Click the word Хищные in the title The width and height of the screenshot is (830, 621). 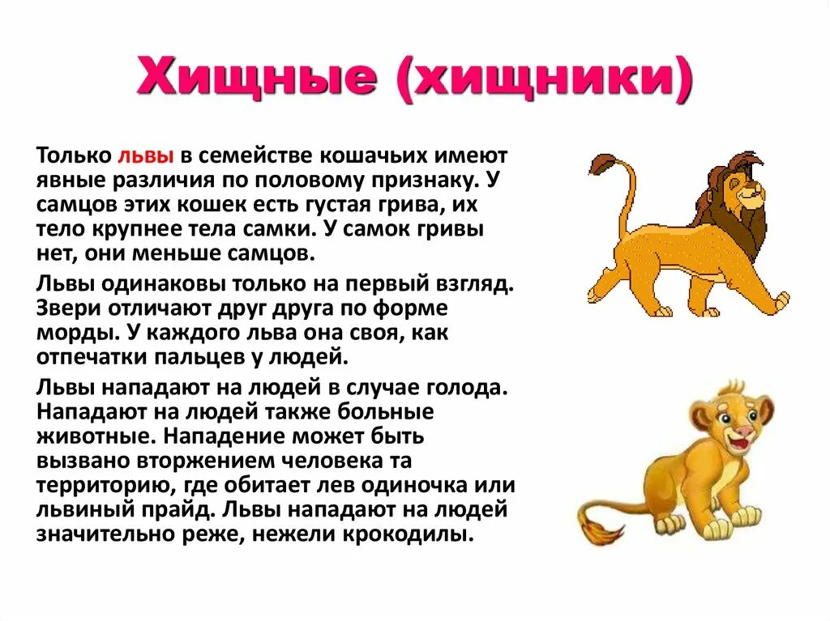tap(257, 84)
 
